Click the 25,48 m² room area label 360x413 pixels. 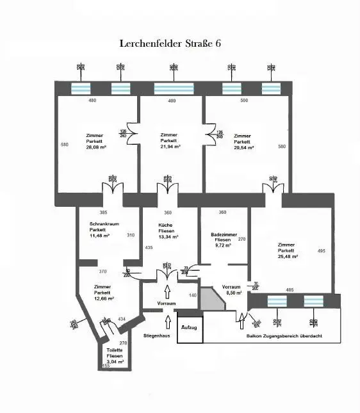[x=286, y=257]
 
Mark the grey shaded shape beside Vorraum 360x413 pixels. [x=211, y=299]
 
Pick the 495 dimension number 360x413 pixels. [x=321, y=250]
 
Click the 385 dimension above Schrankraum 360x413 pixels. [x=103, y=212]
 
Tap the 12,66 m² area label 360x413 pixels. [x=103, y=298]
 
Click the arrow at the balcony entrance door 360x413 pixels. [x=241, y=316]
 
